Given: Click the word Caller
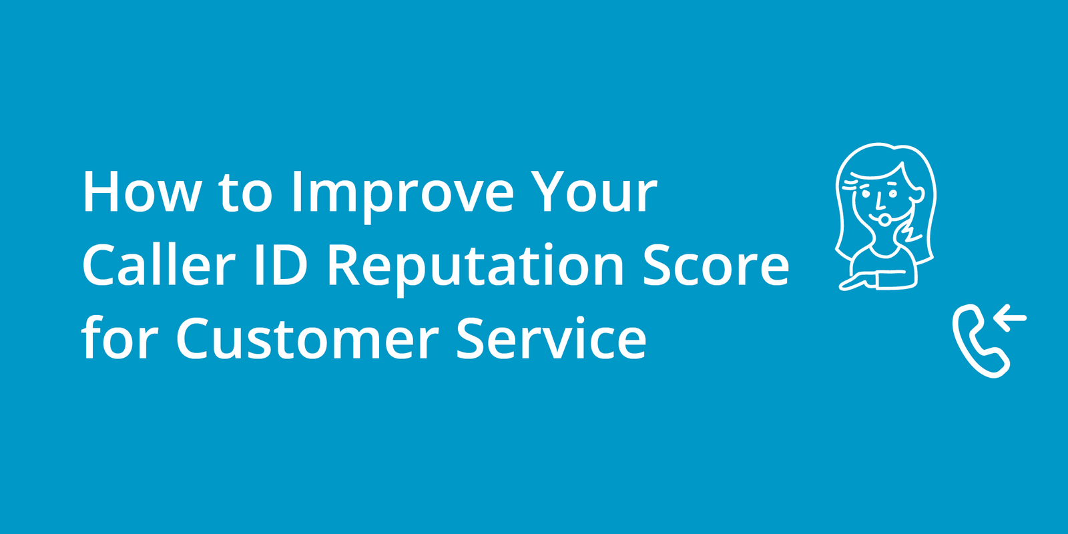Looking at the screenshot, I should pyautogui.click(x=158, y=266).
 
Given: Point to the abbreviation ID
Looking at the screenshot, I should pyautogui.click(x=280, y=266).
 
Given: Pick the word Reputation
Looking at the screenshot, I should pyautogui.click(x=475, y=267).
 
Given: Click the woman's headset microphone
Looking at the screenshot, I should pyautogui.click(x=884, y=218).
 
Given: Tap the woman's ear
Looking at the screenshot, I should pyautogui.click(x=918, y=195).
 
